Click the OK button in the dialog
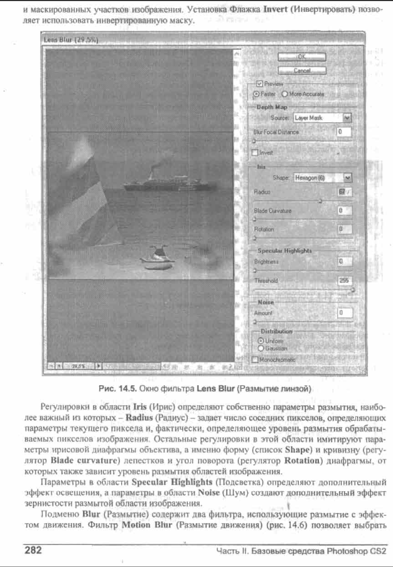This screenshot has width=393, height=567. [301, 57]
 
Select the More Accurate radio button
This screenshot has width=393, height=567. [284, 93]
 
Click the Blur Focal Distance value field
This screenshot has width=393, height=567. [343, 132]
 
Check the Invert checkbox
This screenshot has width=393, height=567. [255, 152]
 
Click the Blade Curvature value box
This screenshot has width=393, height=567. [343, 211]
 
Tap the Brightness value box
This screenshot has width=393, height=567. [343, 260]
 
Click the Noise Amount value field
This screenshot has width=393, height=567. [345, 312]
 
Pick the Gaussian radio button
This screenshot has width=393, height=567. [261, 347]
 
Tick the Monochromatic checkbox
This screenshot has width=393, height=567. [255, 359]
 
